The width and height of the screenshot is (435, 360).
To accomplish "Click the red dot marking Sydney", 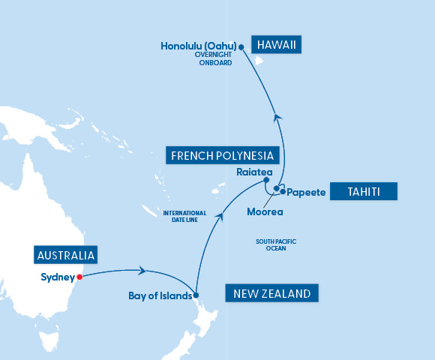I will (x=79, y=276).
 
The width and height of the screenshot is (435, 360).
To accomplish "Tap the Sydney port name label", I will (x=57, y=276).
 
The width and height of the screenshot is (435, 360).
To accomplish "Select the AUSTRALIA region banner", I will (x=66, y=256).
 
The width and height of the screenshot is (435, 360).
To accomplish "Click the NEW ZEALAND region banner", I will (x=271, y=293).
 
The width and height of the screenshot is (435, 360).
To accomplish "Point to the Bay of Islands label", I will (x=160, y=295).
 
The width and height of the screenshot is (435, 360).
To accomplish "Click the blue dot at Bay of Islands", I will (x=196, y=295).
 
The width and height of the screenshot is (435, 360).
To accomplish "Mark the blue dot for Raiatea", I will (x=266, y=181).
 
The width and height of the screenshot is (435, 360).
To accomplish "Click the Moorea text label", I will (x=265, y=211).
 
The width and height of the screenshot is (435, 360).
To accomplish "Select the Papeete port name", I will (x=307, y=193).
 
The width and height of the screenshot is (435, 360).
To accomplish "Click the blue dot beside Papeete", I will (x=283, y=192).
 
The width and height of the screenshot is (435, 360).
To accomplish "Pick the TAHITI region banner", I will (x=363, y=192).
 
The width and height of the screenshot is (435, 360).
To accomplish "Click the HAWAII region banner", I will (x=277, y=46).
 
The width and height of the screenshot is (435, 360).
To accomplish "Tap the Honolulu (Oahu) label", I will (x=199, y=46).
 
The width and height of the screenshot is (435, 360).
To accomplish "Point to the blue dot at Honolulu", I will (x=241, y=46).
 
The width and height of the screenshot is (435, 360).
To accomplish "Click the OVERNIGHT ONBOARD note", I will (x=213, y=59).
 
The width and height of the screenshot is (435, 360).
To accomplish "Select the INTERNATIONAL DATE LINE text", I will (x=184, y=217).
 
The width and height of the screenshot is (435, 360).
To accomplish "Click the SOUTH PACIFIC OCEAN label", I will (x=275, y=244).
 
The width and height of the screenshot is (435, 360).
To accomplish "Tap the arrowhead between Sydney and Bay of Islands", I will (x=142, y=271).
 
